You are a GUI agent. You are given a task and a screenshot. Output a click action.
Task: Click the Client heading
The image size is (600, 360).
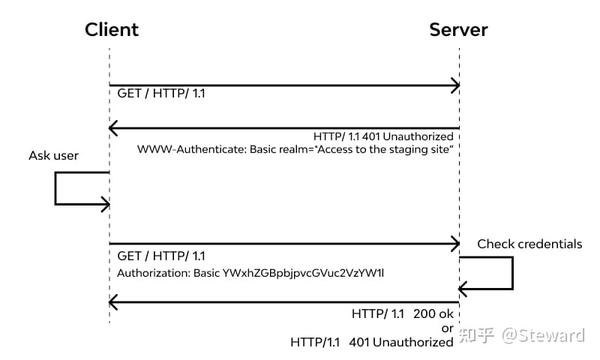[x=111, y=29]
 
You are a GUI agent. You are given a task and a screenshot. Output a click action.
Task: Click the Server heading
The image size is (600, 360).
[x=459, y=29]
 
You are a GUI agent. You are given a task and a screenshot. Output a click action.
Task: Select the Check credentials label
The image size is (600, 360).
[x=529, y=243]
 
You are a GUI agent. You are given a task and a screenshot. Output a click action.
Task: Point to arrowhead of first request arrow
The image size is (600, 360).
[x=454, y=87]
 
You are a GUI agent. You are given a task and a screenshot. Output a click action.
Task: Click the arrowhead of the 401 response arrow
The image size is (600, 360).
[x=114, y=127]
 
